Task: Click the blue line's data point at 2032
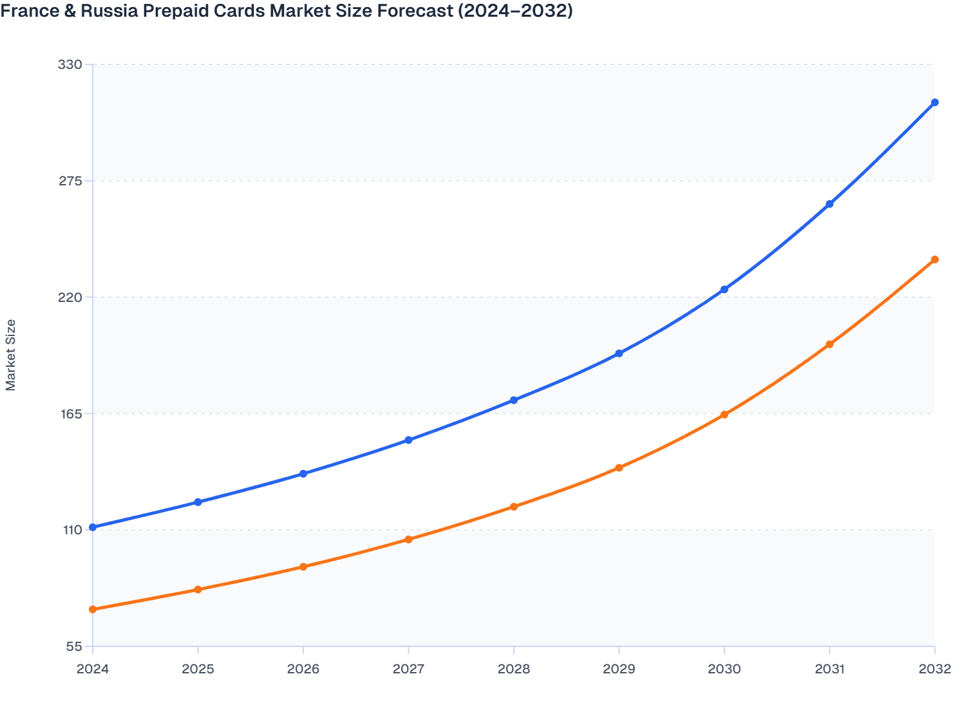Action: [x=934, y=102]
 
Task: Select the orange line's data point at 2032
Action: [x=934, y=259]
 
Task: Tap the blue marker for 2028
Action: [x=514, y=400]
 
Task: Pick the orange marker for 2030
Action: [x=724, y=415]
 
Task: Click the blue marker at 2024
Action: [x=93, y=527]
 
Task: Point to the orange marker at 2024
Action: [x=93, y=609]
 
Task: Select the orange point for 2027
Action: [x=408, y=539]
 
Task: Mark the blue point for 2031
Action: [x=829, y=204]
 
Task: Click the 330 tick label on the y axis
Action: [x=70, y=64]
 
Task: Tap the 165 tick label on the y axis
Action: [x=70, y=414]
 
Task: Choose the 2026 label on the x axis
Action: [x=303, y=669]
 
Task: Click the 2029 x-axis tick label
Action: [x=619, y=669]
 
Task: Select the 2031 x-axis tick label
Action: [x=829, y=669]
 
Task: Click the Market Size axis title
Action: [x=11, y=355]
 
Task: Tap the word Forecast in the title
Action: [x=413, y=11]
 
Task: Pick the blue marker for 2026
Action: [x=303, y=474]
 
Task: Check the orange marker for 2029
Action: [x=619, y=467]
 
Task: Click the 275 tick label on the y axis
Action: [x=70, y=181]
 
